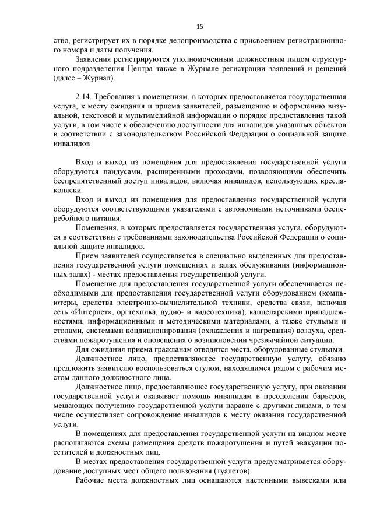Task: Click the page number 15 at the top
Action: click(x=199, y=26)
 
